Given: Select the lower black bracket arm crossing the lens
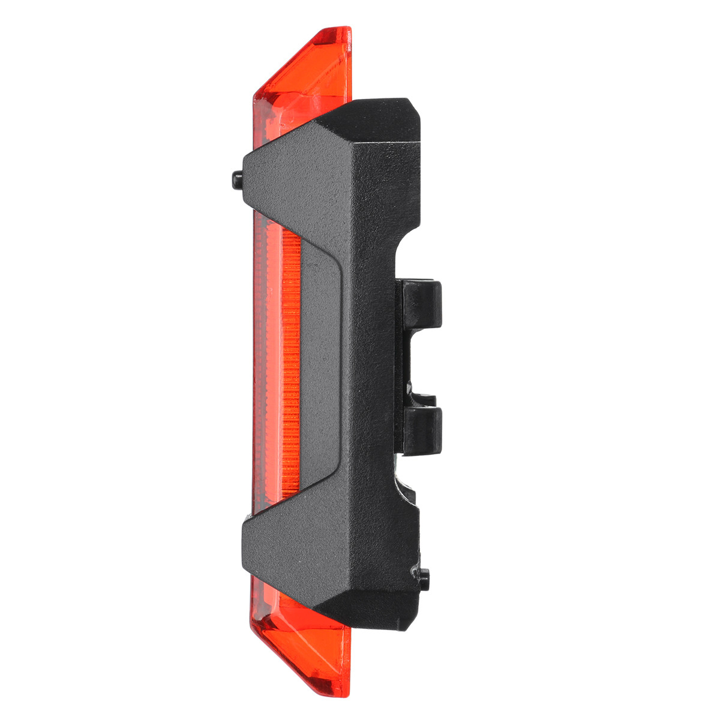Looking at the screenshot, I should tap(282, 543).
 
